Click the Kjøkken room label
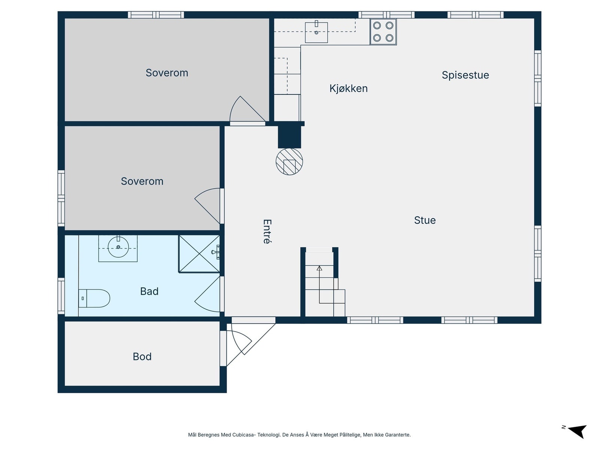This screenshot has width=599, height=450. click(x=348, y=88)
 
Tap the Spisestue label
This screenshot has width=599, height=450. click(x=465, y=75)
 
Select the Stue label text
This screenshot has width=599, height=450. click(x=425, y=220)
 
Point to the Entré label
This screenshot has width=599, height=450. click(x=267, y=231)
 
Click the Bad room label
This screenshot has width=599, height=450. click(x=149, y=291)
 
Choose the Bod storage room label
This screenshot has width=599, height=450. click(x=142, y=357)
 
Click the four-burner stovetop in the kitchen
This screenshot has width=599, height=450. click(x=383, y=32)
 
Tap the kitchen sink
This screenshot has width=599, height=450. click(x=316, y=32)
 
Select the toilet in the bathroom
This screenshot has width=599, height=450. click(x=94, y=298)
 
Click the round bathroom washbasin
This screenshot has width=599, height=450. click(x=118, y=247)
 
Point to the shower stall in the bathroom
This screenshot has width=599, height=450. click(x=199, y=254)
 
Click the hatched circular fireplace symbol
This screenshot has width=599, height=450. click(x=289, y=162)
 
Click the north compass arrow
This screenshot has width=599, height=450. click(x=578, y=431)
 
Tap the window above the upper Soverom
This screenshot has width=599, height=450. click(x=156, y=15)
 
